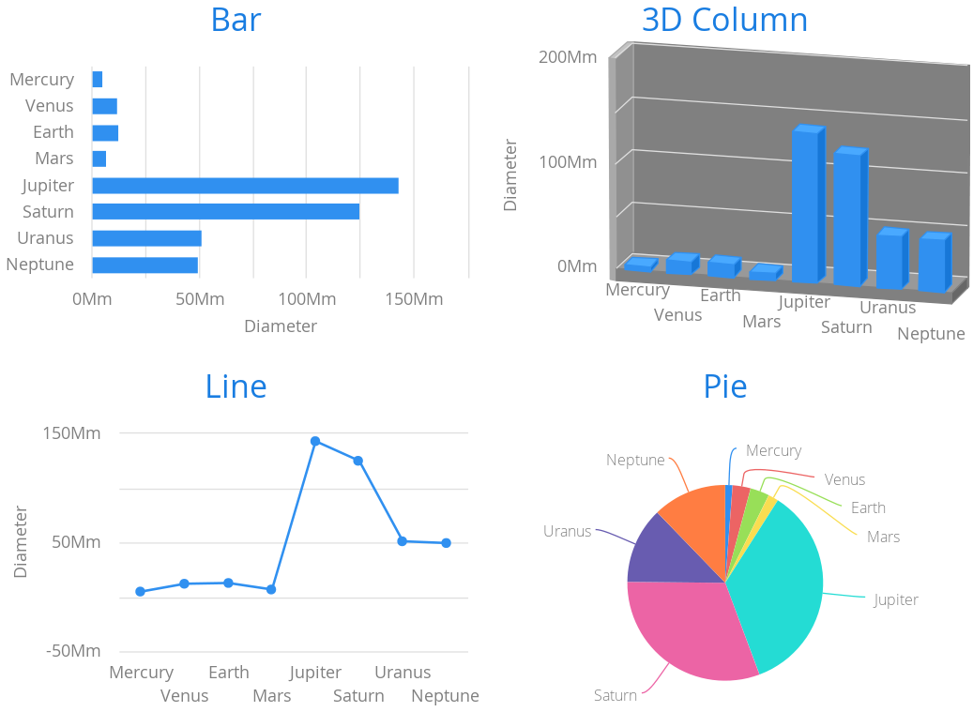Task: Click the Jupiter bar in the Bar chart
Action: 245,186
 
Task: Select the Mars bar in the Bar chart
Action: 99,159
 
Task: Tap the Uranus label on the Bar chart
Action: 45,238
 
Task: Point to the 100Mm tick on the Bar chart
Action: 306,299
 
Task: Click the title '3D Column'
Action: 724,20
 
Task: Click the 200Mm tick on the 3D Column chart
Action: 568,56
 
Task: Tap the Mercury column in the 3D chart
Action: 639,265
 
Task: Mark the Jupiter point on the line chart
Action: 315,441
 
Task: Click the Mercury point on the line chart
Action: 141,592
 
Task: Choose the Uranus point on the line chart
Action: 403,541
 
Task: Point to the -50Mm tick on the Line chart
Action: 73,651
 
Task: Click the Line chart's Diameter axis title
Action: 21,542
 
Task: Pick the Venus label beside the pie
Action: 844,479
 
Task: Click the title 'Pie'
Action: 725,386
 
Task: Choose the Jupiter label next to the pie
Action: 896,599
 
